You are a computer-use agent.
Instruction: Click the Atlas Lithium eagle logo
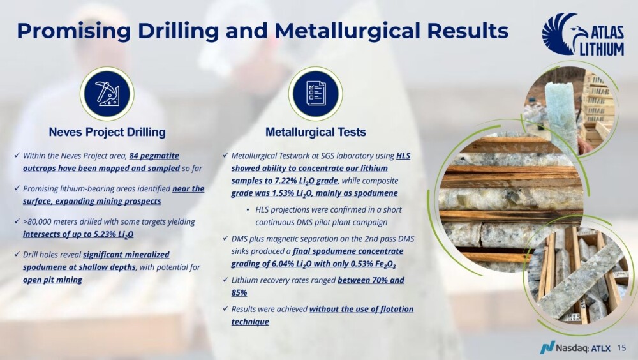point(583,34)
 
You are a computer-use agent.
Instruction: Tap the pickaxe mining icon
point(107,94)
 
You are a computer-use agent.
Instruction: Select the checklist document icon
point(315,94)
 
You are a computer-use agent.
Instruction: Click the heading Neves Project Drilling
point(107,132)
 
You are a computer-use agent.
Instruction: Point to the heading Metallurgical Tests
point(316,132)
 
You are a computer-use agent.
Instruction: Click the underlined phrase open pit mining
point(52,280)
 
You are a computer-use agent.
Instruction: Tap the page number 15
point(621,348)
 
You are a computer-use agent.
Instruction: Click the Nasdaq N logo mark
point(547,347)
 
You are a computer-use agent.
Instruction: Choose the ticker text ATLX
point(600,348)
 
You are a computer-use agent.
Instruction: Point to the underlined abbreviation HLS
point(403,156)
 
